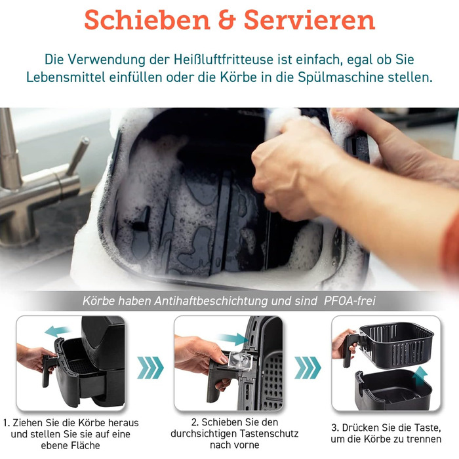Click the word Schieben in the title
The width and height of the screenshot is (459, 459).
pyautogui.click(x=148, y=20)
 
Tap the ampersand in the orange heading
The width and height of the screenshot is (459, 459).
pyautogui.click(x=227, y=20)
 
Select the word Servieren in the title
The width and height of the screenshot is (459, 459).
pyautogui.click(x=309, y=20)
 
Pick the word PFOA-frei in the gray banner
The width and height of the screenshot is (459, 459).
pyautogui.click(x=349, y=300)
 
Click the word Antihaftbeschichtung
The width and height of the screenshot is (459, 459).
pyautogui.click(x=210, y=300)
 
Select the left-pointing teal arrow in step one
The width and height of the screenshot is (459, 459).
pyautogui.click(x=58, y=331)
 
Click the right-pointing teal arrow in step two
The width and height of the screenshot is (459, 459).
pyautogui.click(x=233, y=339)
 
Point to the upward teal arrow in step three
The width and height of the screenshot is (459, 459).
pyautogui.click(x=420, y=376)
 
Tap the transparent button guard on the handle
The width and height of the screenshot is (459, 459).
pyautogui.click(x=240, y=361)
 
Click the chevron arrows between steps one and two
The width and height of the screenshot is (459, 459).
pyautogui.click(x=150, y=368)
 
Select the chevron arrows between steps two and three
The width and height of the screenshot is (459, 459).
pyautogui.click(x=308, y=368)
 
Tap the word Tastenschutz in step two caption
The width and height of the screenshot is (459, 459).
pyautogui.click(x=269, y=433)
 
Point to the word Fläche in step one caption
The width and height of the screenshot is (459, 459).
pyautogui.click(x=85, y=445)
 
